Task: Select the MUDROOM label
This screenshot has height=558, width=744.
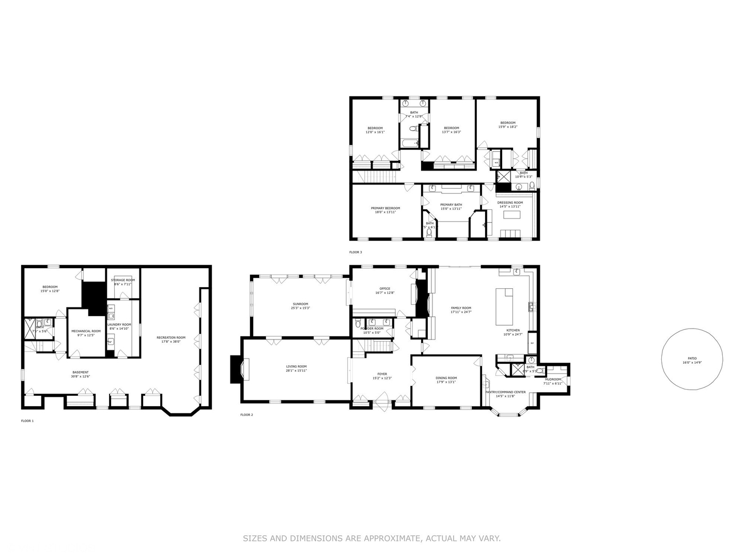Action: [x=552, y=380]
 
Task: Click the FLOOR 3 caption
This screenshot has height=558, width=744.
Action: [x=355, y=252]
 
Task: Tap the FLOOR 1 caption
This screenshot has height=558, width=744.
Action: [x=27, y=421]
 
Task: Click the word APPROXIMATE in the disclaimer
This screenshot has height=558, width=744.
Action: [x=393, y=538]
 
